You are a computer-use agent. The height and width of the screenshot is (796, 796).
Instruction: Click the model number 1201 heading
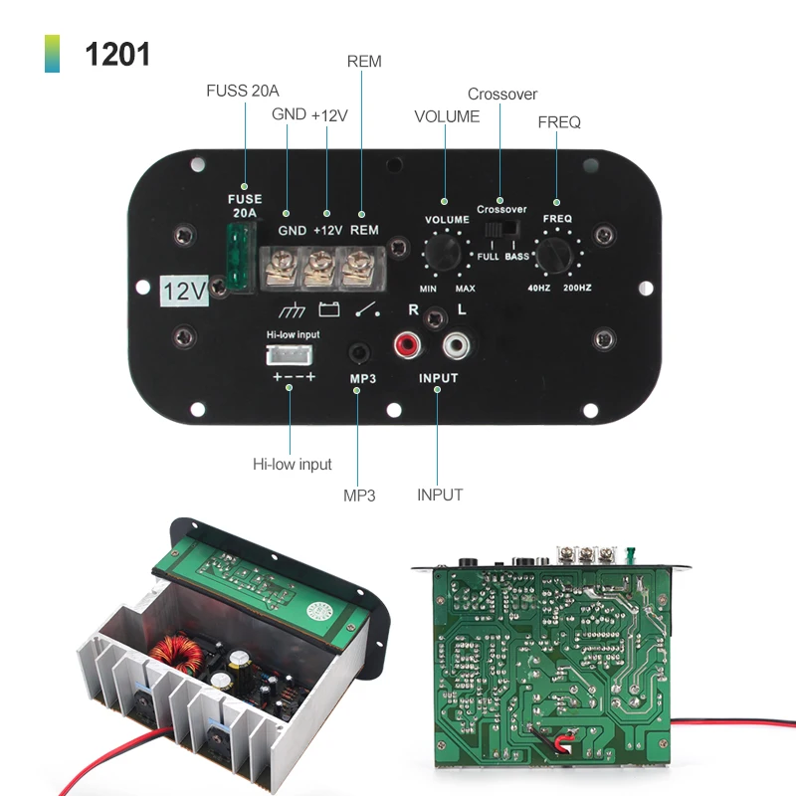click(117, 53)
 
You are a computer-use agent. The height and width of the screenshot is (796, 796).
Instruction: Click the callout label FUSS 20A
click(243, 91)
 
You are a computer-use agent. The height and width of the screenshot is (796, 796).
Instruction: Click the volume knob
click(444, 250)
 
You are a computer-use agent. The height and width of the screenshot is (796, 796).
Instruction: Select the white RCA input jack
click(456, 346)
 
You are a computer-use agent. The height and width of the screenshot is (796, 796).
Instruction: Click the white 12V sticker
click(183, 291)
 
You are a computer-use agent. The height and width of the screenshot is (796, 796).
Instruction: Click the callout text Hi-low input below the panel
click(292, 464)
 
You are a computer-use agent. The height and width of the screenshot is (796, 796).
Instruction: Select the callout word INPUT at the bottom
click(439, 494)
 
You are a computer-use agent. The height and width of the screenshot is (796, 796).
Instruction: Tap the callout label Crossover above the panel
click(501, 95)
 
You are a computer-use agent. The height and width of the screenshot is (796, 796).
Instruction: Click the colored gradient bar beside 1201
click(52, 53)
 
